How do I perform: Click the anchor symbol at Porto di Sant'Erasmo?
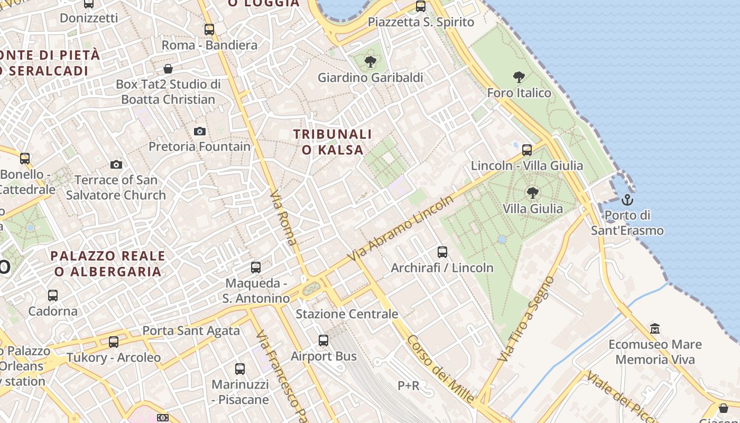[627, 200]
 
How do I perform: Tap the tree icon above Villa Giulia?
[533, 193]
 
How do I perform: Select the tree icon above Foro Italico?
[519, 77]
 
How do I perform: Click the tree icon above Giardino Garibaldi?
[371, 62]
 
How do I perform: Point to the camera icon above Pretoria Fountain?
[200, 131]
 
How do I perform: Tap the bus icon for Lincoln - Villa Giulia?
[527, 150]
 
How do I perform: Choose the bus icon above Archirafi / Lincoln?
[442, 252]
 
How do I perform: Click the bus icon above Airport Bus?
[323, 341]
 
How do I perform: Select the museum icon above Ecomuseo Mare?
[655, 329]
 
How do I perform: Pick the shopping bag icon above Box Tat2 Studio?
[168, 69]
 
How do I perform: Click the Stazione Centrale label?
[347, 314]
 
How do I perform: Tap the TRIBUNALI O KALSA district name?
[332, 142]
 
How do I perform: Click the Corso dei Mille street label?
[441, 370]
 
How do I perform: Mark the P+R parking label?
[409, 386]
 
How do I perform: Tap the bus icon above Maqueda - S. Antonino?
[256, 268]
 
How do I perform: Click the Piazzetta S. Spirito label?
[421, 22]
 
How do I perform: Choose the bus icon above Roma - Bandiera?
[209, 30]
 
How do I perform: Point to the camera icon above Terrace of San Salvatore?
[116, 165]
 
